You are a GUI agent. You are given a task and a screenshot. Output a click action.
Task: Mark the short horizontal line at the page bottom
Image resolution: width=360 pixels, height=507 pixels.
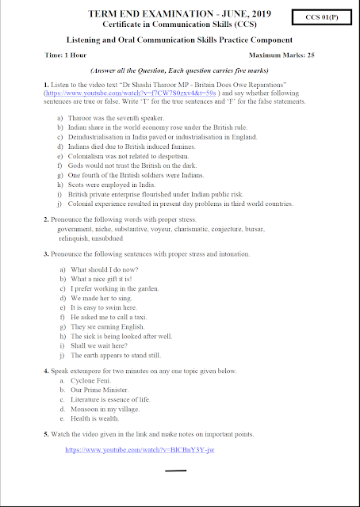click(x=175, y=472)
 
